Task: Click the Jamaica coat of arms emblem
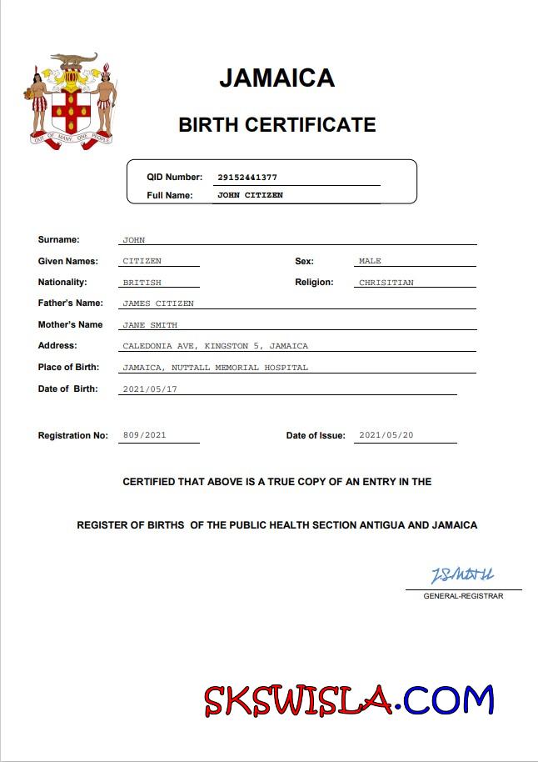click(71, 102)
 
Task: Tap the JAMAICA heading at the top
click(276, 78)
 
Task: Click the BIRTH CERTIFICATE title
click(276, 125)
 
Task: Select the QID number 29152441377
click(247, 178)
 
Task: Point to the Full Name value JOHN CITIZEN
click(250, 195)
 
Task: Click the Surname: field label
click(58, 240)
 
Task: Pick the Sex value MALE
click(370, 261)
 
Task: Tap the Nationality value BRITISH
click(142, 283)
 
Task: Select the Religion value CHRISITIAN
click(386, 283)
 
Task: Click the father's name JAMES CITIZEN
click(157, 303)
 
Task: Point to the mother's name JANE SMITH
click(149, 325)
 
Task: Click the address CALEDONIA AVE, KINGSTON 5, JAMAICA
click(215, 346)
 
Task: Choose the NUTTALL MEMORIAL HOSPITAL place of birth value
click(215, 368)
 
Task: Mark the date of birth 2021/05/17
click(150, 389)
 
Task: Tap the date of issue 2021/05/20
click(386, 435)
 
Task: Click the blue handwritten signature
click(462, 575)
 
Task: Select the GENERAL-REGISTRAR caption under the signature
click(463, 596)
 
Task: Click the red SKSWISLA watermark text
click(297, 701)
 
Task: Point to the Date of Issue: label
click(316, 435)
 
